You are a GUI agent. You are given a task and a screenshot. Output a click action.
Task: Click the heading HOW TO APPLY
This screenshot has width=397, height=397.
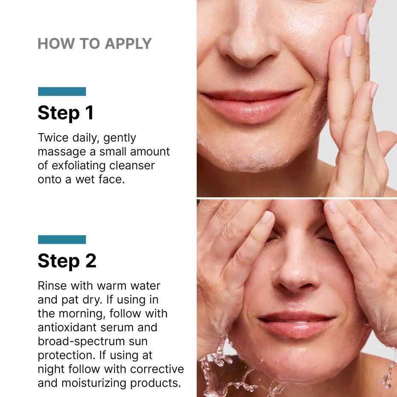[94, 44]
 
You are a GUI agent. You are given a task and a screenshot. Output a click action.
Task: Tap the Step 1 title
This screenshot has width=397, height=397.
[65, 113]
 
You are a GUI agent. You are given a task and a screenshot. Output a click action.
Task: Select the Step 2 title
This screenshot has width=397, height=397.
[67, 261]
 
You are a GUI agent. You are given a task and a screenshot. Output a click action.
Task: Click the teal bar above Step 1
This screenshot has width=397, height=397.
[62, 91]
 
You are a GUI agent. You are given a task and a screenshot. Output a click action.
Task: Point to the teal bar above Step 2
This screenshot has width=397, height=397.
[62, 239]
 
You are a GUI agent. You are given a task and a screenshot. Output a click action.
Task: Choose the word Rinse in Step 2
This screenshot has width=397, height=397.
[50, 286]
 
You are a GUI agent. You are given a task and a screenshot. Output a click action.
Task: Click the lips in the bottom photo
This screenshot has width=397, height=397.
[297, 324]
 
